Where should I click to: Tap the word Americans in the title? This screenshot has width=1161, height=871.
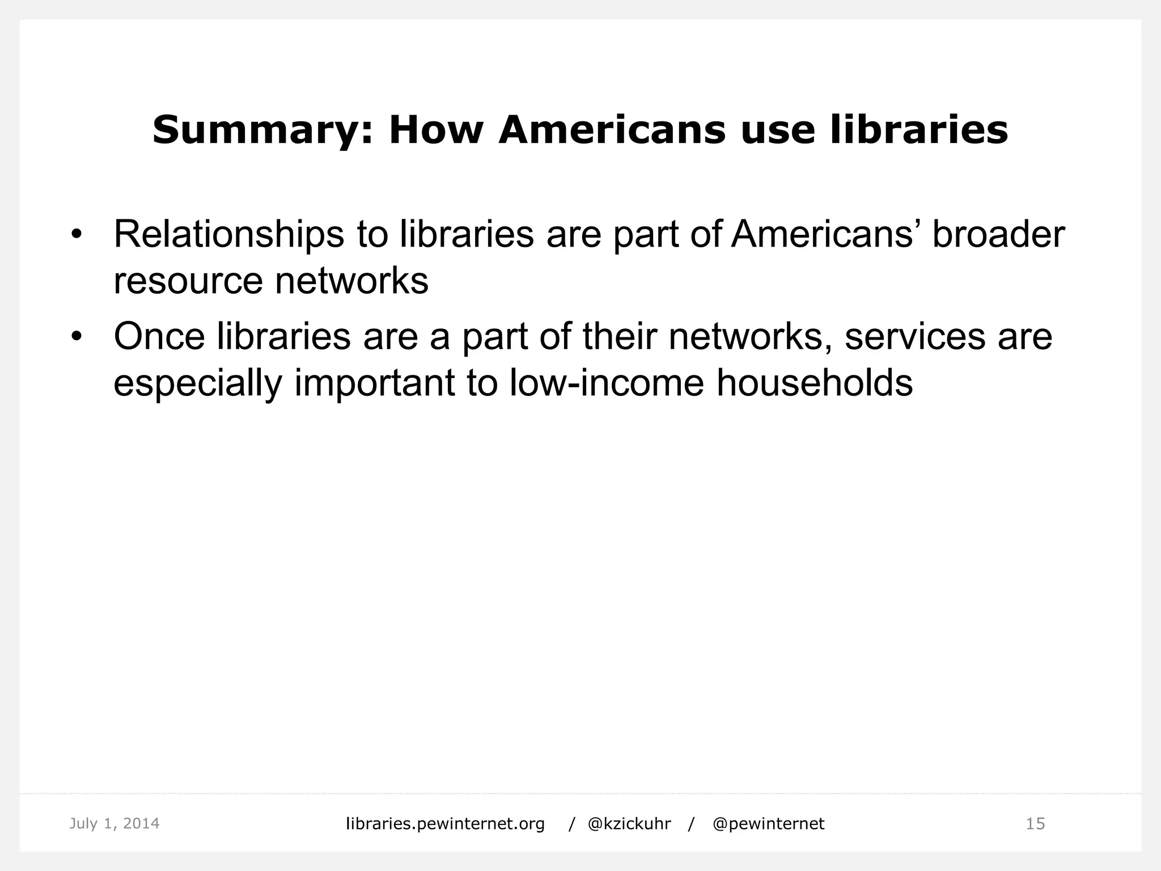[612, 130]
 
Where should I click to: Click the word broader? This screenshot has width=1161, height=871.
[998, 235]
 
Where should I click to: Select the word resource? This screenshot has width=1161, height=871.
[188, 281]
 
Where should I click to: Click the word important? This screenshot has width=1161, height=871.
[374, 383]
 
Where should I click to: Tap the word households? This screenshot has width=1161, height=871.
[815, 382]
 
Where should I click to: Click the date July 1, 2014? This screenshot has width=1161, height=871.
[114, 823]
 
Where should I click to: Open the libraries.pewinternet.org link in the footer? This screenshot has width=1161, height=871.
[445, 824]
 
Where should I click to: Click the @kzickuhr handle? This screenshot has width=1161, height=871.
[629, 824]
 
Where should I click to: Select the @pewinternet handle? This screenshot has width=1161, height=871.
[768, 824]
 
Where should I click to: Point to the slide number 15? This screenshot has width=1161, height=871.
[1035, 823]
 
